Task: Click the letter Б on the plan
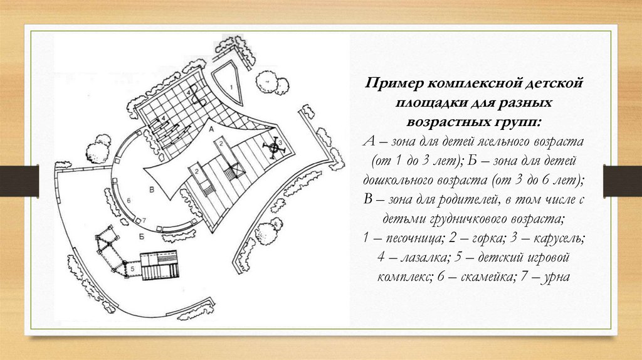142,236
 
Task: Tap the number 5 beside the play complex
133,268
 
